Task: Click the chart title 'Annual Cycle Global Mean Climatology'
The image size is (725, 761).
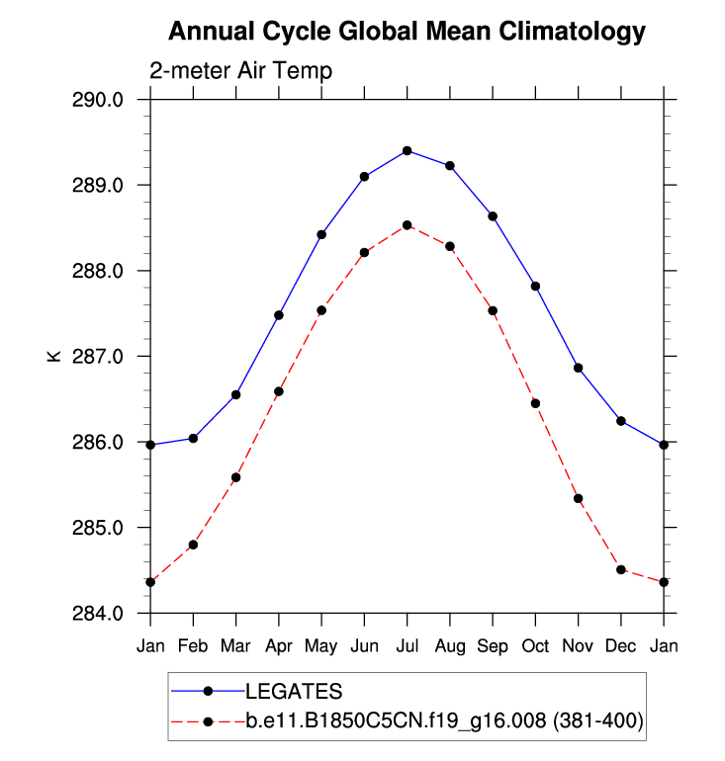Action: click(x=407, y=32)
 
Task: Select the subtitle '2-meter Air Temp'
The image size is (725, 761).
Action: click(x=240, y=71)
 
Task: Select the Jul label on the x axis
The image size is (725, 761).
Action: click(x=407, y=646)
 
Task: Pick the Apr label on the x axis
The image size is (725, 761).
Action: click(x=279, y=646)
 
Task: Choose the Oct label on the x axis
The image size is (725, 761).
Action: click(x=535, y=646)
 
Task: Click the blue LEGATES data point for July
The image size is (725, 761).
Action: click(x=407, y=150)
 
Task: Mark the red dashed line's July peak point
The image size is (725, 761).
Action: click(x=407, y=225)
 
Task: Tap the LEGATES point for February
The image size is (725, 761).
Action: click(x=193, y=438)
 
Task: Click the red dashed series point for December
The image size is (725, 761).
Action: click(x=621, y=569)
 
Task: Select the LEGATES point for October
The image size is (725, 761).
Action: click(x=535, y=286)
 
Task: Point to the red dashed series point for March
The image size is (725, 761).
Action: click(x=235, y=477)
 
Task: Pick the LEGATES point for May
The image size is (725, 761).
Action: click(x=321, y=234)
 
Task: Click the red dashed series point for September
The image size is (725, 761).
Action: click(x=493, y=310)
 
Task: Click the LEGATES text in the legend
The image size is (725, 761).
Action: click(x=294, y=690)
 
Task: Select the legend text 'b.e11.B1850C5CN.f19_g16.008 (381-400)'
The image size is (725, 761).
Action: click(x=444, y=722)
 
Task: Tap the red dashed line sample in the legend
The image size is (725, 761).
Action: click(x=208, y=722)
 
